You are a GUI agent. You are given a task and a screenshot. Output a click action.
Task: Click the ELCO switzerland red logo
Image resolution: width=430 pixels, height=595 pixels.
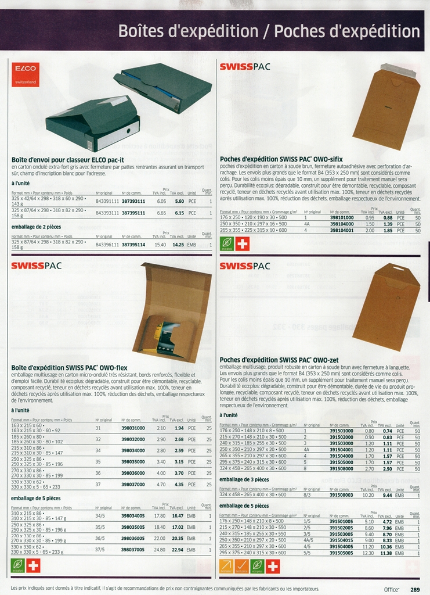coord(26,74)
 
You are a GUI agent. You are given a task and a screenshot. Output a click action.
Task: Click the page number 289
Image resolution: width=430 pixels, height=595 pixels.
coord(415,589)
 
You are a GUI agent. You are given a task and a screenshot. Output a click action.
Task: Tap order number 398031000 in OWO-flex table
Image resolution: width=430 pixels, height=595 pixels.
coord(133,428)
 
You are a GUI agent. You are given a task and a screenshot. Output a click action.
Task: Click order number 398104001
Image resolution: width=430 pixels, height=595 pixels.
coord(342,230)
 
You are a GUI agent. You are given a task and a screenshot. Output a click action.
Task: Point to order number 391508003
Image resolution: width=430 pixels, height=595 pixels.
coord(341,495)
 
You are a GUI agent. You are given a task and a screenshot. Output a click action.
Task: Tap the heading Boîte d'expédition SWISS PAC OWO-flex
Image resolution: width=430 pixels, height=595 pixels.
coord(69,368)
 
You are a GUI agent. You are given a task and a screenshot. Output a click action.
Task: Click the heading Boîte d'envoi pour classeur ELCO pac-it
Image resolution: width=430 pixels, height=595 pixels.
coord(68,159)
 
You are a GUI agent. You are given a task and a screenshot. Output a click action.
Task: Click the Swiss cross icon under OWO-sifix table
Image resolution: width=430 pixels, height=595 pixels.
coord(242,243)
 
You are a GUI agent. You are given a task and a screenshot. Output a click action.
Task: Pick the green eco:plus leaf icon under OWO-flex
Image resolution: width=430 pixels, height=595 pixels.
coord(18,565)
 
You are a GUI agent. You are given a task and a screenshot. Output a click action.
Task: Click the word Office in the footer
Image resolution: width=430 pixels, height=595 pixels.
coord(392,589)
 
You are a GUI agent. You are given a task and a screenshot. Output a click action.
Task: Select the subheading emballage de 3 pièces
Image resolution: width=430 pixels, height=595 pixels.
coord(244,479)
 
